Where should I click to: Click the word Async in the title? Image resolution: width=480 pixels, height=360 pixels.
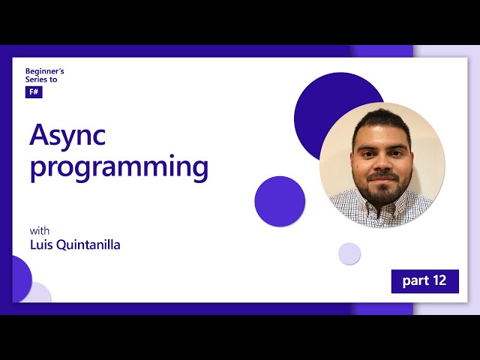click(67, 135)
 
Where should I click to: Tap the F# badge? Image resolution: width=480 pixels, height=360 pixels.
click(33, 92)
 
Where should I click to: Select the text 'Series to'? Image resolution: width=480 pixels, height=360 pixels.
click(40, 79)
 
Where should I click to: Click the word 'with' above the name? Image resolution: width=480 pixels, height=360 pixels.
click(39, 230)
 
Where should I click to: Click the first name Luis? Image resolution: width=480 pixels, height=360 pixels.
click(42, 244)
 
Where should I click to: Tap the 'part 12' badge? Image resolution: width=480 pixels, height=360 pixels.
click(424, 280)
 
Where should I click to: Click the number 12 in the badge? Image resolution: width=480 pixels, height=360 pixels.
click(439, 280)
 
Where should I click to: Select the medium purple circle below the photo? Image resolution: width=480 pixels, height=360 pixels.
click(280, 201)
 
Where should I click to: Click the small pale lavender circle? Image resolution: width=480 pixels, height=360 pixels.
click(349, 253)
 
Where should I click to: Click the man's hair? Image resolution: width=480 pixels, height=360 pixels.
click(382, 120)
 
